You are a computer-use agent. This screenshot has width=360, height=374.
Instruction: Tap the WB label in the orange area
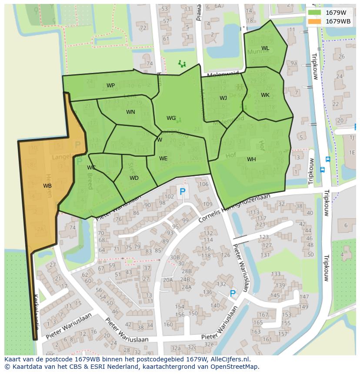[x=47, y=185]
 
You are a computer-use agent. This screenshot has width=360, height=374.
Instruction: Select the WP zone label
[x=110, y=86]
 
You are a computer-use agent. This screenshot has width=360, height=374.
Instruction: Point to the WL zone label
[x=265, y=48]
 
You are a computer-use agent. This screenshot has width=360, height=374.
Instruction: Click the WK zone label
[x=265, y=95]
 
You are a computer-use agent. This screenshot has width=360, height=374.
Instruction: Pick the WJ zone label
[x=223, y=98]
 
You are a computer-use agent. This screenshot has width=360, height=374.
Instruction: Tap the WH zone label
[x=251, y=159]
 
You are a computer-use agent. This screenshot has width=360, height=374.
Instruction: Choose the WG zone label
[x=171, y=118]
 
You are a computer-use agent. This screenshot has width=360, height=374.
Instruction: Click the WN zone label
[x=130, y=112]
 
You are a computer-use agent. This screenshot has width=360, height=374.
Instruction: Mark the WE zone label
[x=163, y=159]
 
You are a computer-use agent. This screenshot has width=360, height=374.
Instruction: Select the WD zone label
[x=134, y=178]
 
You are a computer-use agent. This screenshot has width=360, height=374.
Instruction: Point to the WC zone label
[x=91, y=168]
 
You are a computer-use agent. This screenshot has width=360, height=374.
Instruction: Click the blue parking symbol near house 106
[x=183, y=191]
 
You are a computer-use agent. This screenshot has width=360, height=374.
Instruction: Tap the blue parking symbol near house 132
[x=233, y=294]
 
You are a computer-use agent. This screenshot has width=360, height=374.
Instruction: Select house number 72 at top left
[x=143, y=28]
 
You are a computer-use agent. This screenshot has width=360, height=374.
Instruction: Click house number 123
[x=264, y=237]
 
